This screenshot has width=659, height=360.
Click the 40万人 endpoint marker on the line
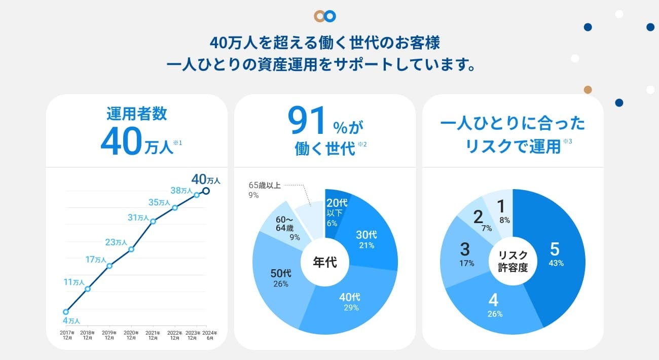click(x=206, y=191)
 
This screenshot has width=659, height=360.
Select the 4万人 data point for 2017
click(x=65, y=312)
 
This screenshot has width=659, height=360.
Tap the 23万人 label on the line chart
click(x=116, y=242)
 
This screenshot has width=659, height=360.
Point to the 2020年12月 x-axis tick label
click(x=131, y=335)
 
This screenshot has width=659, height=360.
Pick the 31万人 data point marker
click(x=153, y=221)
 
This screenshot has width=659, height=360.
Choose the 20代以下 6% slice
click(x=335, y=213)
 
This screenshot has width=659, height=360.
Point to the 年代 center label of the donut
click(x=324, y=263)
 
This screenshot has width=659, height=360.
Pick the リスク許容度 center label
click(x=512, y=262)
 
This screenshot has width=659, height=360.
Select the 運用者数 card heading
click(x=136, y=114)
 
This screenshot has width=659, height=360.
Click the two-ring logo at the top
click(x=324, y=16)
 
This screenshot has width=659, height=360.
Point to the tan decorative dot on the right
click(x=588, y=90)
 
